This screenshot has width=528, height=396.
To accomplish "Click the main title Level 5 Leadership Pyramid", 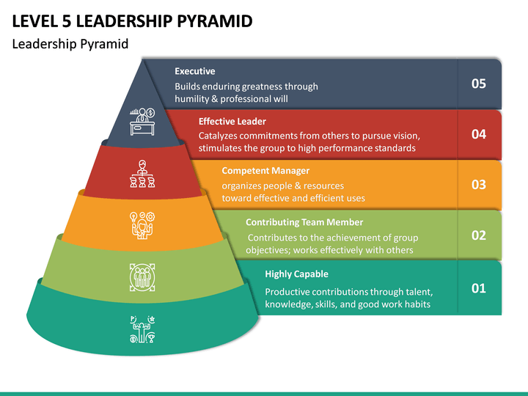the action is tap(132, 21).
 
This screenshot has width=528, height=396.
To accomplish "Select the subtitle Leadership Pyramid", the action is tap(70, 44).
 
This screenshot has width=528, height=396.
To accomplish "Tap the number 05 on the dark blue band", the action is tap(478, 84).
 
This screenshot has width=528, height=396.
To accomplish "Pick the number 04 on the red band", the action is tap(478, 134).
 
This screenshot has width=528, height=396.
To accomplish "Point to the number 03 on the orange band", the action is tap(478, 185).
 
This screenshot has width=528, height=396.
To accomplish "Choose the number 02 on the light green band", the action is tap(478, 235).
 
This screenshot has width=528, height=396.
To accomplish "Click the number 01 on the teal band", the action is tap(478, 288).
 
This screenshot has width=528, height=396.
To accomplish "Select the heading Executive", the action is tap(194, 71).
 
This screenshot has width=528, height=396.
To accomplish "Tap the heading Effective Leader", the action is tap(232, 121).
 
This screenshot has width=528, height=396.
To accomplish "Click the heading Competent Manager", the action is tap(265, 171).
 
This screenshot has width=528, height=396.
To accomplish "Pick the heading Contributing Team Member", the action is tap(304, 222).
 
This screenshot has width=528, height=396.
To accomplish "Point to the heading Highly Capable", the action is tap(296, 274).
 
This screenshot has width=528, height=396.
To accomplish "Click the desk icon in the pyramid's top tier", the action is tap(142, 122).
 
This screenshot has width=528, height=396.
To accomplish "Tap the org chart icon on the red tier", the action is tap(142, 174).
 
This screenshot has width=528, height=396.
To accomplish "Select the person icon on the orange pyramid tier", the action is tap(142, 226).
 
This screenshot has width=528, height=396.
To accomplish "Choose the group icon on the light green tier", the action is tap(142, 277).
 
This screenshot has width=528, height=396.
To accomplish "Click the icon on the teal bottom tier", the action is tap(142, 329).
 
